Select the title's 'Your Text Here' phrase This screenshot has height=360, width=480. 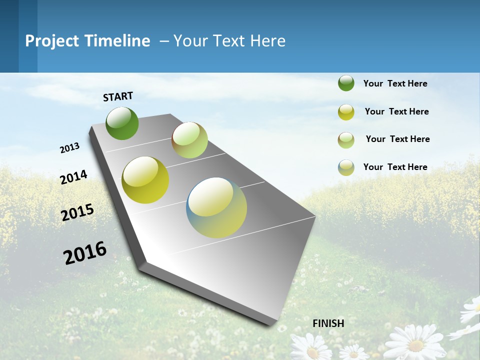click(229, 41)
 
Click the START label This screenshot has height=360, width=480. click(118, 96)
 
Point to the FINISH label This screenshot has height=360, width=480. click(328, 323)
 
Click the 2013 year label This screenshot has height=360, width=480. click(70, 148)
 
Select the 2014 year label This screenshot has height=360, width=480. click(74, 177)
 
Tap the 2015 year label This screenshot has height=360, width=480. click(77, 212)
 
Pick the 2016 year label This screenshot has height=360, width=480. click(85, 252)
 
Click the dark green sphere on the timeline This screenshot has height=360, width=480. click(122, 123)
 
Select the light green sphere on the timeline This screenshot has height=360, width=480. click(189, 140)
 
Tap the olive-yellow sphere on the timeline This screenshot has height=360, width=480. click(145, 180)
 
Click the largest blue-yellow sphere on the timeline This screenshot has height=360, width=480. click(216, 207)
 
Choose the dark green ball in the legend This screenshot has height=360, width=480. click(346, 83)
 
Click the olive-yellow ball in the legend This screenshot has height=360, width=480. click(346, 112)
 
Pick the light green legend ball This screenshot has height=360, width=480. click(346, 140)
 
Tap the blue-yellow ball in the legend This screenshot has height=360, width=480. click(346, 167)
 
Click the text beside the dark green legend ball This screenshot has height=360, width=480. click(395, 83)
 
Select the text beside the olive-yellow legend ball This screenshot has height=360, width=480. click(396, 111)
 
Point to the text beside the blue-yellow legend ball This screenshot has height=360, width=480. click(395, 167)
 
